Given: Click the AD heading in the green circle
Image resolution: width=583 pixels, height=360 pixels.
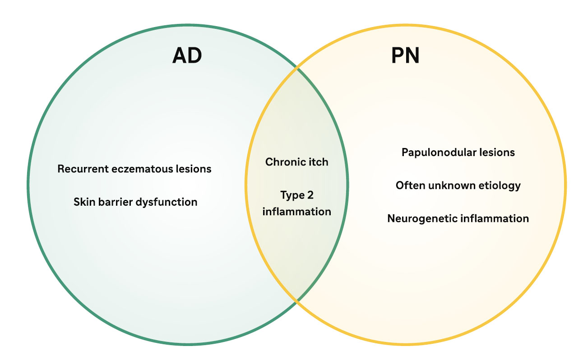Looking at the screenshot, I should coord(187,56).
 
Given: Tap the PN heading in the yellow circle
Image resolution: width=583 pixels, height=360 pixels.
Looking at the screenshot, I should coord(405,56).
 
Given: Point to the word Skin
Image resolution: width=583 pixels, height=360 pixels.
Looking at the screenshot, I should coord(83,202).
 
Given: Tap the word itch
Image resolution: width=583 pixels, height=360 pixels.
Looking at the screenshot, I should coord(318,162).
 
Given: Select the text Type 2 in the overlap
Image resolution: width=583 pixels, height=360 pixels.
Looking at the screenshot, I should coord(296,195).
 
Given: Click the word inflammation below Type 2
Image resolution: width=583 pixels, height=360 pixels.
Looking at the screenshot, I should coord(296,211).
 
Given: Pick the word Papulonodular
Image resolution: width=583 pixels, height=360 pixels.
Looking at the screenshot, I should coord(433,152).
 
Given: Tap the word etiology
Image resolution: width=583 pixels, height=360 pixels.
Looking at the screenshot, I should coord(500,185).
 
